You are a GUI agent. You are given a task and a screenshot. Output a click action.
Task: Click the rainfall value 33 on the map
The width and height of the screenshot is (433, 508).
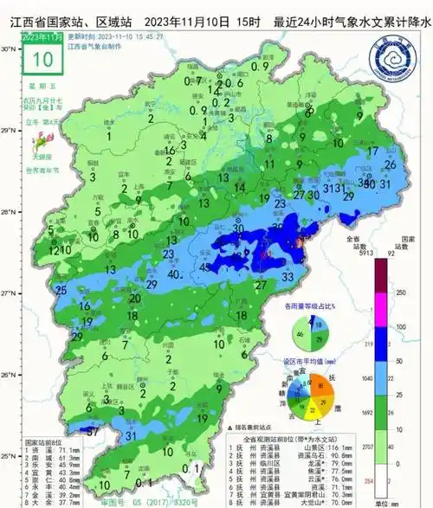[x=288, y=274]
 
